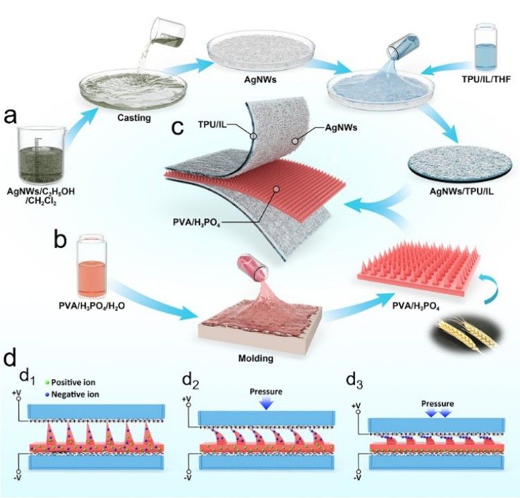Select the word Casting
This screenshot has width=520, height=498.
[134, 118]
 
